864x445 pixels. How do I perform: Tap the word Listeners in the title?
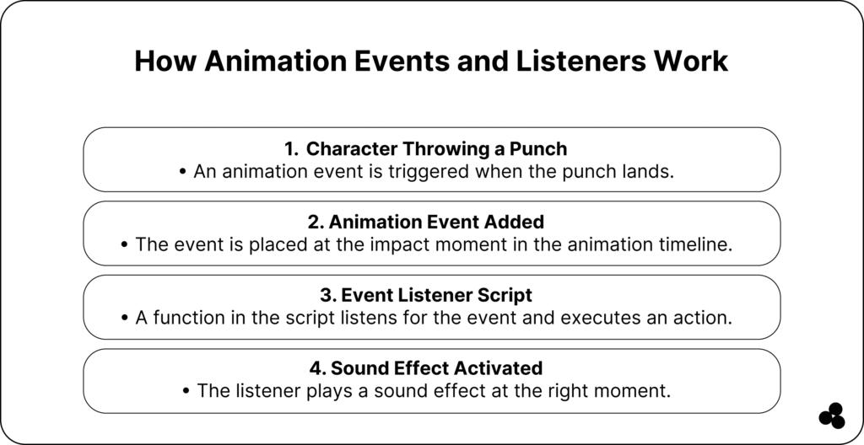(x=580, y=61)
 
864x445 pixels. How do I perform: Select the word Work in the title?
(x=691, y=61)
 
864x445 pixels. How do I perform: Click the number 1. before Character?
(x=291, y=148)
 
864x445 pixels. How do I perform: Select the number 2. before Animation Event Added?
(x=316, y=222)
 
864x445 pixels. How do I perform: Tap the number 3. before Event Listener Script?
(x=328, y=295)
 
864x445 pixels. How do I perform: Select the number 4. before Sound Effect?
(x=318, y=368)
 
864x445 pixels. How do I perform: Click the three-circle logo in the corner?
(x=832, y=416)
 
